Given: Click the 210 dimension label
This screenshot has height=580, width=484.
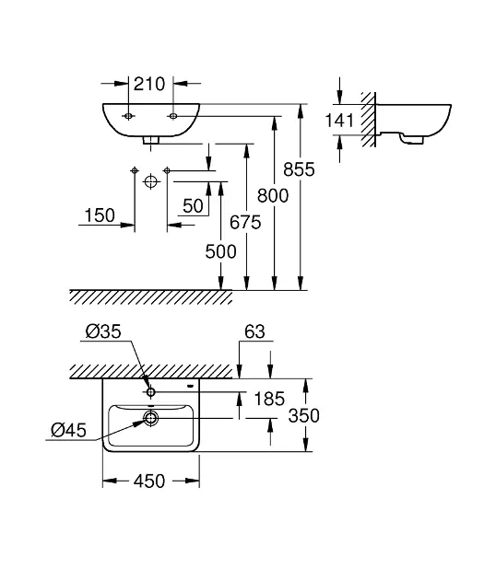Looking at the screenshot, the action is (149, 85).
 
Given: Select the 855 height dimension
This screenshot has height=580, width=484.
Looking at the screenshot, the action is (299, 169).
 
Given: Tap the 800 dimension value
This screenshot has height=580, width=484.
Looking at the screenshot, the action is (273, 196).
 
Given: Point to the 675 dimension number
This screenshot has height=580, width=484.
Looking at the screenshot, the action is (245, 222).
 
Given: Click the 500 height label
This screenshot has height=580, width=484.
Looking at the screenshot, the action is (220, 252).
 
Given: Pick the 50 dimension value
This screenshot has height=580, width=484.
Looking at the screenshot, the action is (193, 205).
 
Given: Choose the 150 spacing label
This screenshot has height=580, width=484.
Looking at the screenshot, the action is (100, 215).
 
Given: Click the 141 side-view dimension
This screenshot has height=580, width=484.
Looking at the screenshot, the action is (339, 121).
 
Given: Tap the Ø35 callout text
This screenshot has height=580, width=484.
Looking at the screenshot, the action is (103, 331).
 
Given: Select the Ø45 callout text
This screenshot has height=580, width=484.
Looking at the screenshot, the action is (68, 430).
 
